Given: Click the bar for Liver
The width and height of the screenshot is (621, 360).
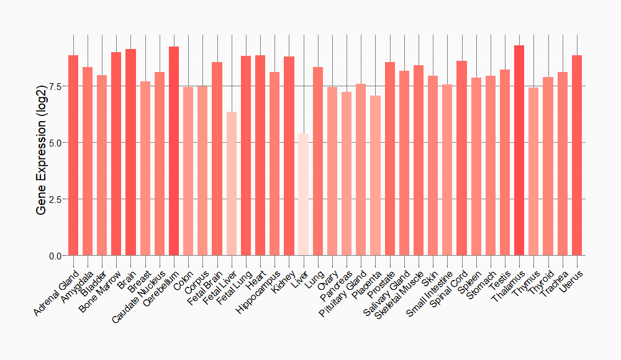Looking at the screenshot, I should point(303,194).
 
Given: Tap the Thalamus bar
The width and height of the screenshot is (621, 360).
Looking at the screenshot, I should point(519,150).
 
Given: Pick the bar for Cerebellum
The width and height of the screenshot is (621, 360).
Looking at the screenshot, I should point(174,151).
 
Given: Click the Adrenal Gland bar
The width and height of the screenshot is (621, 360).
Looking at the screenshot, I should point(73,155).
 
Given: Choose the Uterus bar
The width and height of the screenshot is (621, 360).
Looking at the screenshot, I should point(577,155).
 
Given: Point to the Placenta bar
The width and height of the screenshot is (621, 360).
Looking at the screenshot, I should point(375,176).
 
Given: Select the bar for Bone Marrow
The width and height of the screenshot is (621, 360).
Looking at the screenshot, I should point(116,154).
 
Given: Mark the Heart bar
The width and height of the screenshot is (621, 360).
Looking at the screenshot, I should point(260,155).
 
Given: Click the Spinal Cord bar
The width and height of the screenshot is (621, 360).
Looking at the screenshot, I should point(461,158).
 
